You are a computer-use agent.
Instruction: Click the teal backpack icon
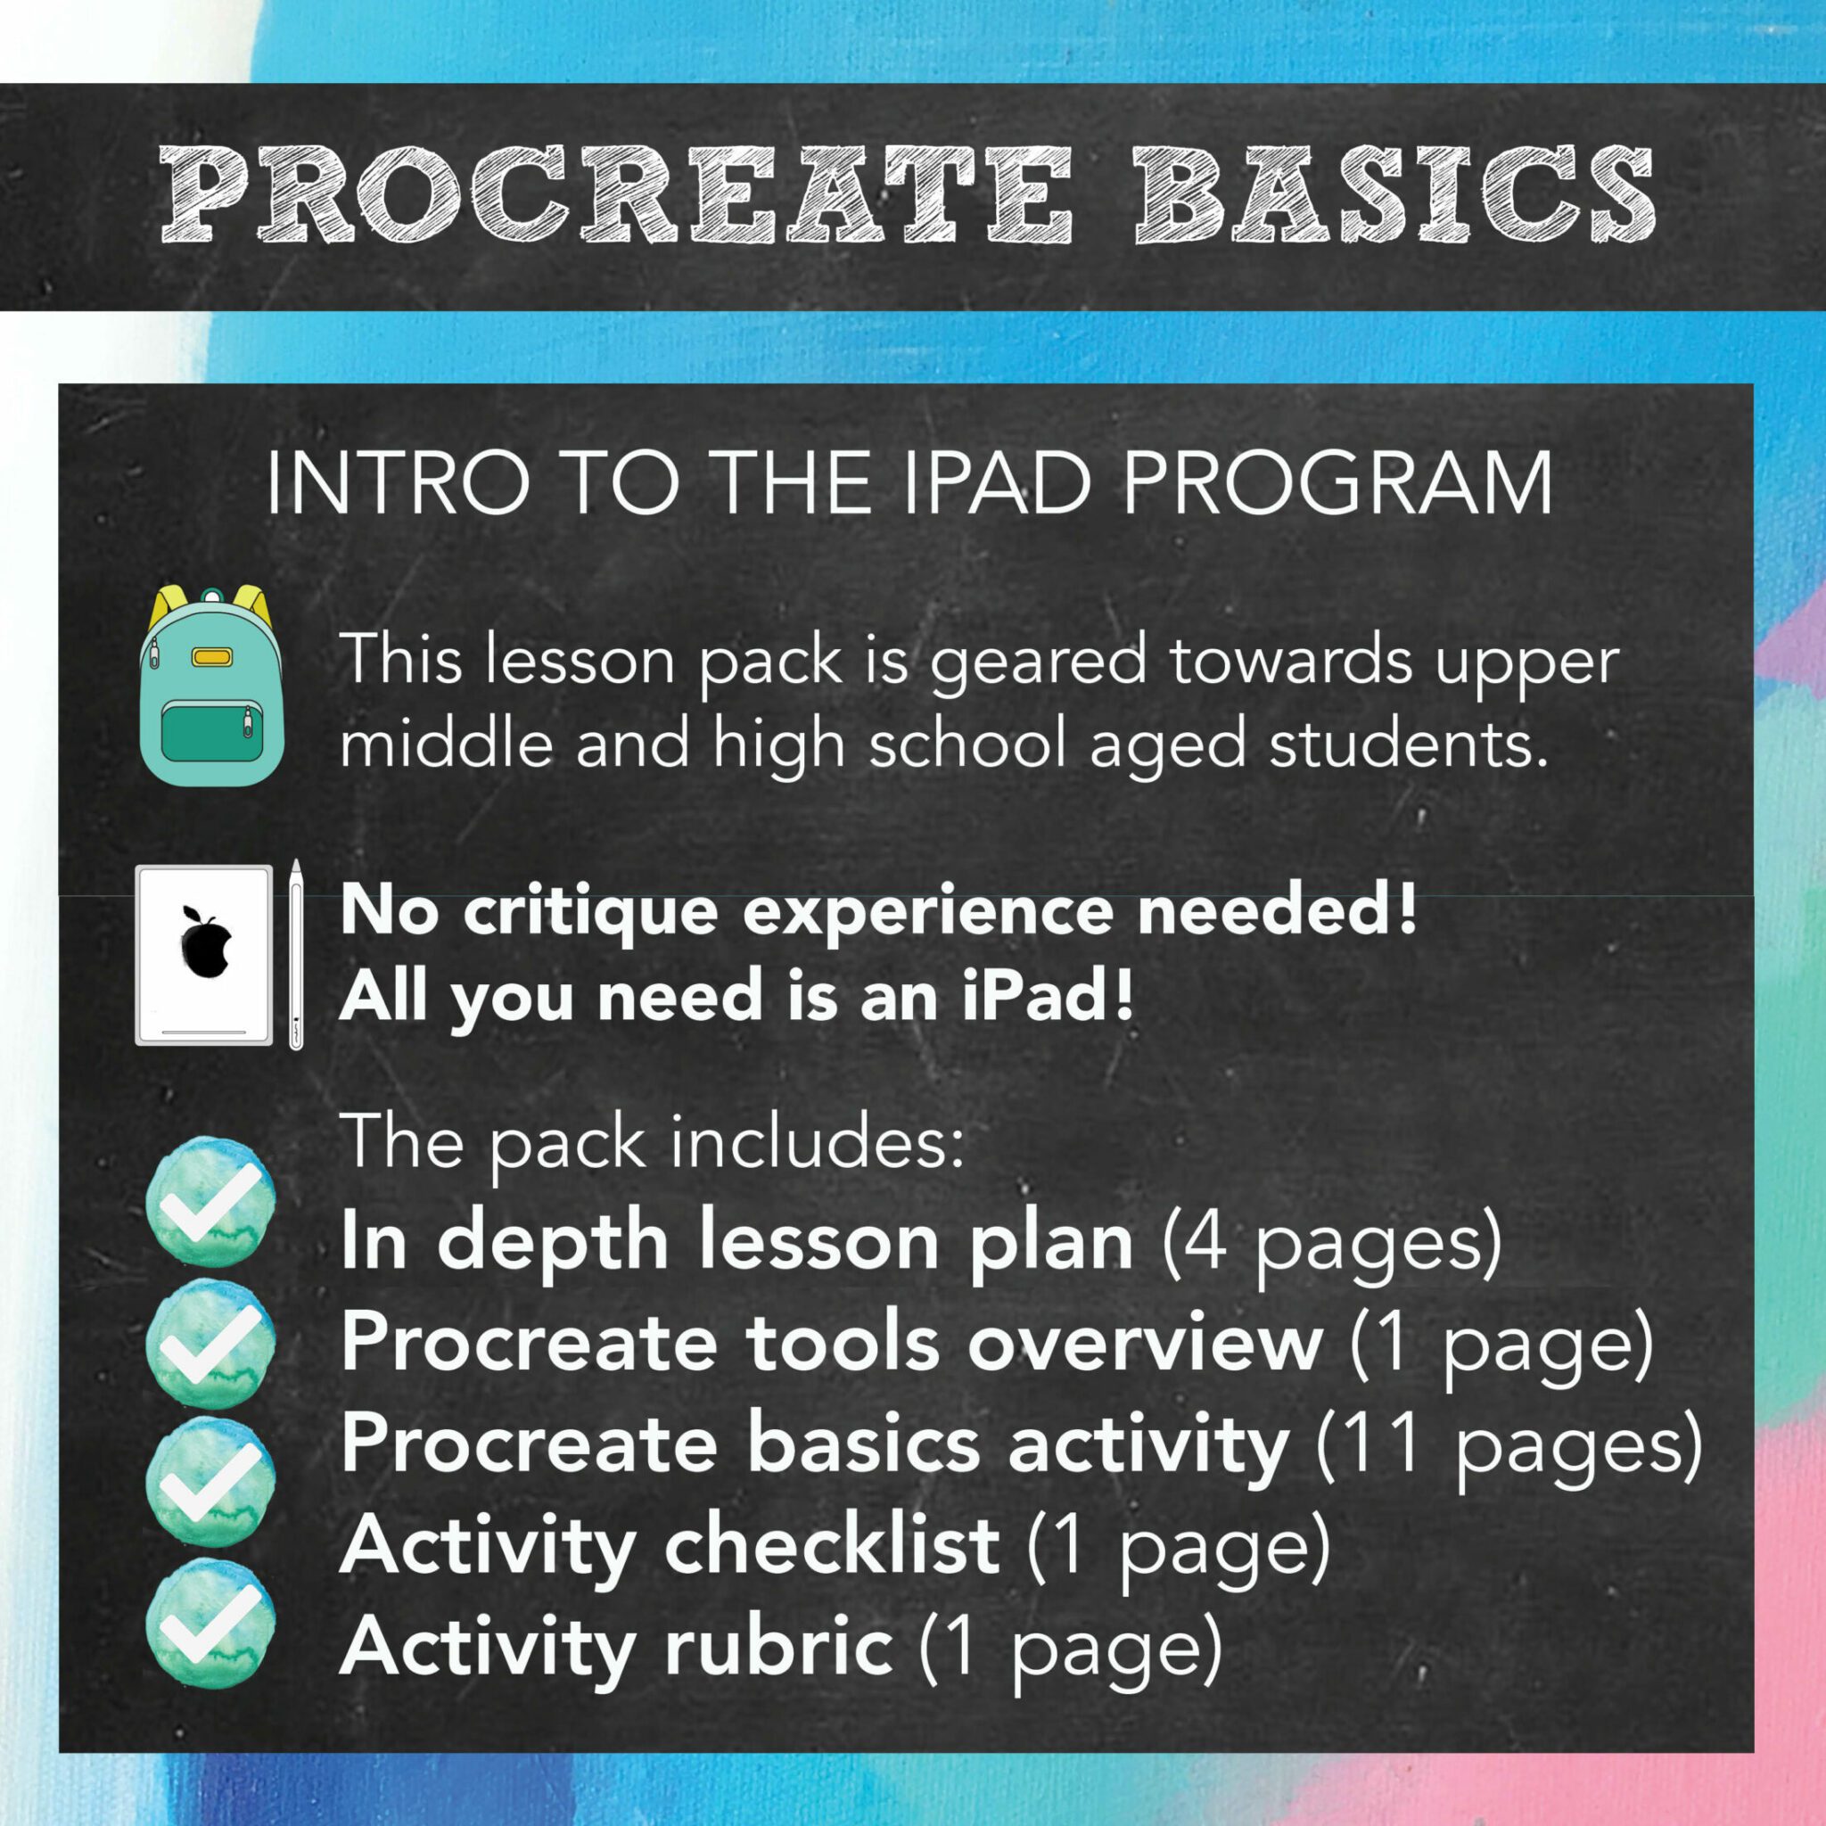point(210,686)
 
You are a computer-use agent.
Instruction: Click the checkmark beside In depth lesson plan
point(210,1201)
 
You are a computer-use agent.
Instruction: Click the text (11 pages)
point(1510,1448)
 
